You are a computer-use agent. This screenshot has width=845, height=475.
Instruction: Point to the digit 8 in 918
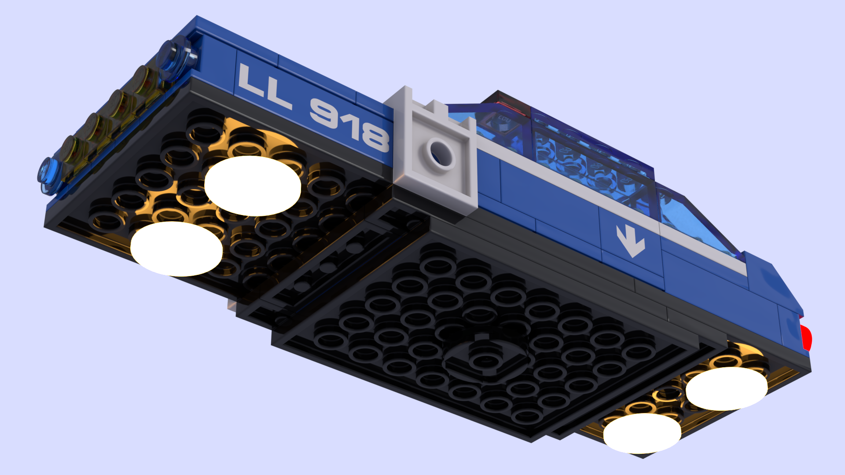point(375,136)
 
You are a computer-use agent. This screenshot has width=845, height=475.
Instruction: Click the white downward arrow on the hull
point(631,241)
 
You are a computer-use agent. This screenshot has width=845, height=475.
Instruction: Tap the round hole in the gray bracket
point(441,154)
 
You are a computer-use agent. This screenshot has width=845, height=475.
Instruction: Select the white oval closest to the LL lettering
point(253,186)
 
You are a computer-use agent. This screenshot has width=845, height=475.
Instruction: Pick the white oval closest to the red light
point(727,389)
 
